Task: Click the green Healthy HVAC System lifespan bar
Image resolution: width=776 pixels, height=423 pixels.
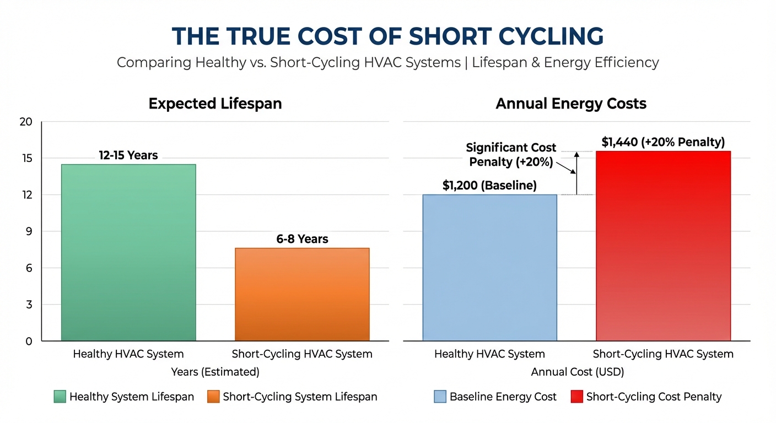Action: [x=128, y=252]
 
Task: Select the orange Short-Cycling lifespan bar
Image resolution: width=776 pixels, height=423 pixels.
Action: [x=302, y=294]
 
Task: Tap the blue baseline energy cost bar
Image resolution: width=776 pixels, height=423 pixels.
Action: [x=489, y=267]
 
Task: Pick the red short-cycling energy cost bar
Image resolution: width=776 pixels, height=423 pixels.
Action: [x=663, y=246]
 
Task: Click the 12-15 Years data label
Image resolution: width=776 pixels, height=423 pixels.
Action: [x=128, y=155]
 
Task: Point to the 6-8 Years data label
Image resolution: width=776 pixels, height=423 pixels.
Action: [x=302, y=239]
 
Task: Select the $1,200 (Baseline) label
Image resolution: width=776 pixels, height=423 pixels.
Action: [x=489, y=186]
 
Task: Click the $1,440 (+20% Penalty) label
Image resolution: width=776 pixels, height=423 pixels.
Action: [x=663, y=142]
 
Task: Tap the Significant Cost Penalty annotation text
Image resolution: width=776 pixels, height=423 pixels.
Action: [x=511, y=155]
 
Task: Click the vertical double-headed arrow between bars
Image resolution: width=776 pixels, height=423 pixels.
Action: [x=576, y=172]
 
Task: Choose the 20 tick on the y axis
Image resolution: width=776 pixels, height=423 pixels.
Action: [x=26, y=122]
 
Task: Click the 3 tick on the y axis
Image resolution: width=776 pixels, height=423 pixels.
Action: [x=29, y=305]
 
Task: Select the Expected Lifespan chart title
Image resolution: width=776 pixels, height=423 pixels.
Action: [x=215, y=104]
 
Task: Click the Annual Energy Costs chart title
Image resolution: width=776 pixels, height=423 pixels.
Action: [x=571, y=104]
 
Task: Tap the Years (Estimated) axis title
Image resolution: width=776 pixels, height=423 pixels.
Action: [x=215, y=372]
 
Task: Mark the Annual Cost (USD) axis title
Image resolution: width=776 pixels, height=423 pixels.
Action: [x=577, y=372]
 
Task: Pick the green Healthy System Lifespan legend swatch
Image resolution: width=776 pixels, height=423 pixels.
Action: [x=60, y=397]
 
